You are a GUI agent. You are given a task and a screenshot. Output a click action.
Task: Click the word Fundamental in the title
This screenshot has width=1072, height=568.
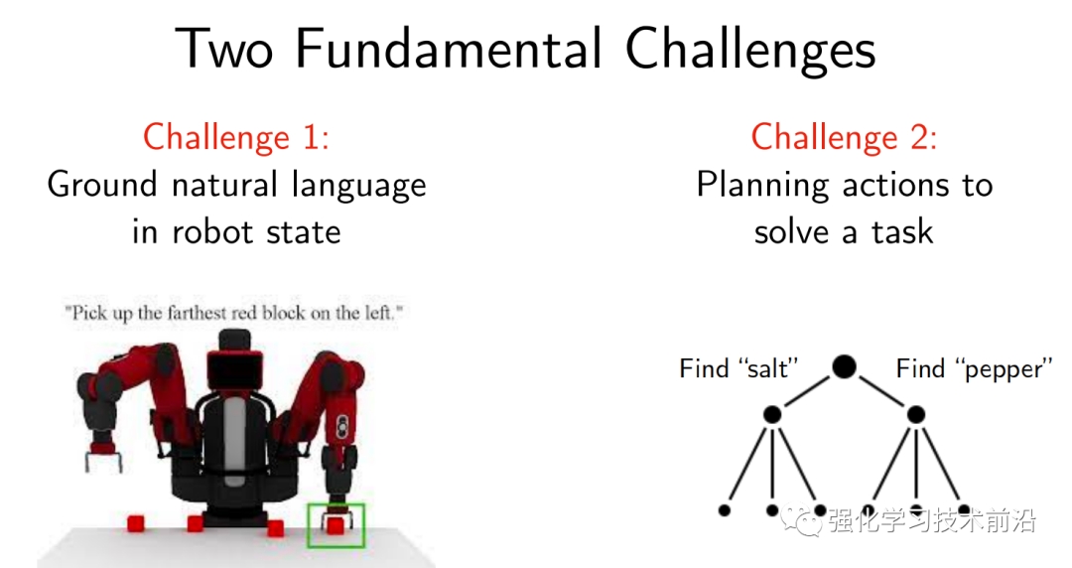coord(450,49)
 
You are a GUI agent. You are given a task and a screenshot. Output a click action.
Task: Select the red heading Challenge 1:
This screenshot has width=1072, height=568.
coord(236,137)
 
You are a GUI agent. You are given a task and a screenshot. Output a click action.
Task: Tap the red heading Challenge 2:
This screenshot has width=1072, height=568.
coord(845,137)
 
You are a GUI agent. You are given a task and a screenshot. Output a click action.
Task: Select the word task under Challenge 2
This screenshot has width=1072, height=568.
coord(902,232)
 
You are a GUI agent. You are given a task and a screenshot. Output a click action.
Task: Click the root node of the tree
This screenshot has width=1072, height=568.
coord(845,366)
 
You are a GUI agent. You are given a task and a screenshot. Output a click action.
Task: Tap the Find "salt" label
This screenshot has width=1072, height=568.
coord(739,368)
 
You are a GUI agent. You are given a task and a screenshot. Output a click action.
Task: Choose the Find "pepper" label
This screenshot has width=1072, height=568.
coord(974,369)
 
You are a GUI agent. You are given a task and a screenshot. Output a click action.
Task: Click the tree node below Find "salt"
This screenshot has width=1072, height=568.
coord(772,414)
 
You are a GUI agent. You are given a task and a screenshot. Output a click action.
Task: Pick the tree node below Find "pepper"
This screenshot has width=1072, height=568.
coord(916,414)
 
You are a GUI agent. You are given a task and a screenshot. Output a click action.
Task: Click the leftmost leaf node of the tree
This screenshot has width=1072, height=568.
coord(725,509)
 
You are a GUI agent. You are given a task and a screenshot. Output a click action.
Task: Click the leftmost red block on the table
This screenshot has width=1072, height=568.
coord(136,523)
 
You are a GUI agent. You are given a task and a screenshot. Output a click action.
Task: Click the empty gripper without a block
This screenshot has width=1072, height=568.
coord(103,459)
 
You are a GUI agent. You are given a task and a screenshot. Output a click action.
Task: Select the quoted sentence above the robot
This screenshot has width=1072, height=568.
coord(234,313)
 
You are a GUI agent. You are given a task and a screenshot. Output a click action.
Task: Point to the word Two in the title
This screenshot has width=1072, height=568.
coord(225,49)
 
